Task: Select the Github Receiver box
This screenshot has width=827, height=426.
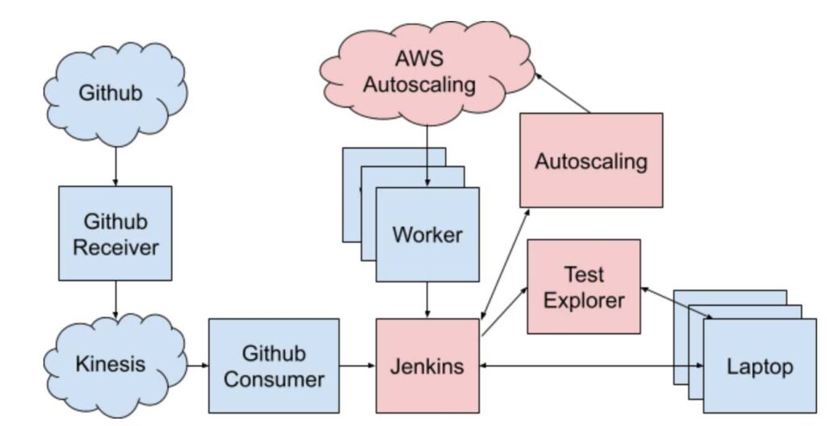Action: coord(115,233)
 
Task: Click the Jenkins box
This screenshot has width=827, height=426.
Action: coord(427,365)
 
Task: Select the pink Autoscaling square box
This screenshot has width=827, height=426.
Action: coord(590,160)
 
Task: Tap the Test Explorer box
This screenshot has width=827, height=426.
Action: coord(583,286)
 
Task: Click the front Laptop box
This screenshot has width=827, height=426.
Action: coord(760,367)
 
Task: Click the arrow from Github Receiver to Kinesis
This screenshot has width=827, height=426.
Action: coord(115,297)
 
